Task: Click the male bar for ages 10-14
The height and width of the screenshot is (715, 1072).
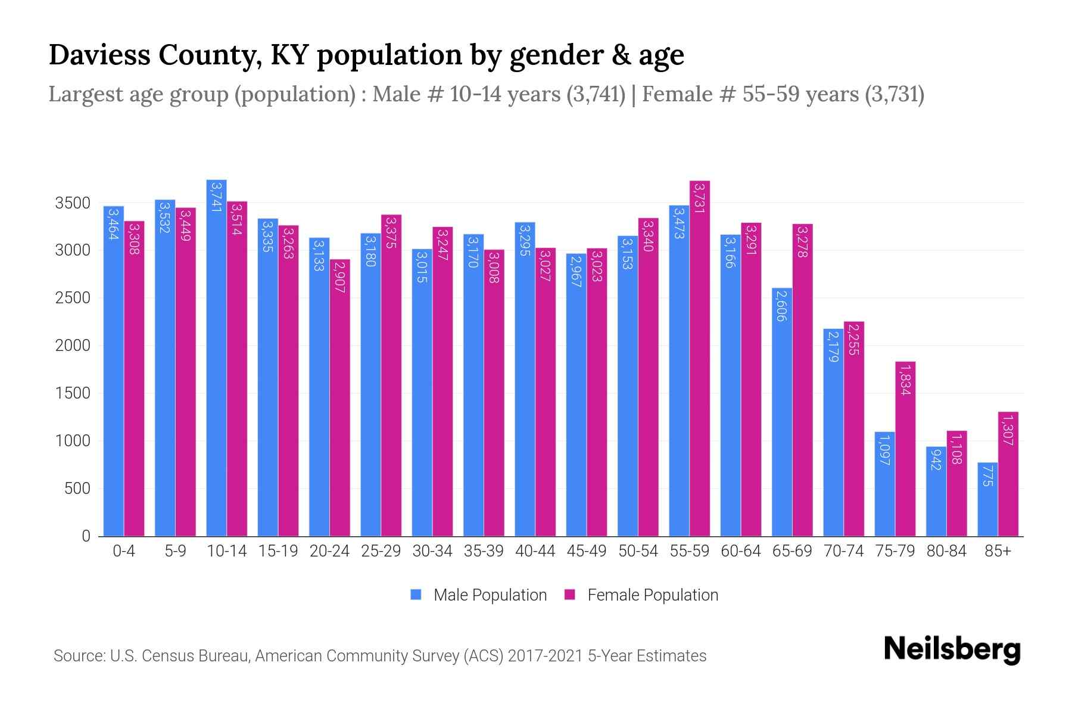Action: point(216,357)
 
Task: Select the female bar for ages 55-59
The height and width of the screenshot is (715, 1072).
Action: point(700,357)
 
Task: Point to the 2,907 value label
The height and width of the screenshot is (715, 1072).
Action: point(339,277)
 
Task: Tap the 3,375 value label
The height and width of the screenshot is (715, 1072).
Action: point(391,229)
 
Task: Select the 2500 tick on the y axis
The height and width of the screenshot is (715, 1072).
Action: point(72,298)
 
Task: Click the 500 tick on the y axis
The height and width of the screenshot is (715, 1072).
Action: point(77,489)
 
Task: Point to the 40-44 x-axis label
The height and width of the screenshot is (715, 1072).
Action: point(535,551)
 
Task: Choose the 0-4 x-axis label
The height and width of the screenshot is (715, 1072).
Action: point(124,551)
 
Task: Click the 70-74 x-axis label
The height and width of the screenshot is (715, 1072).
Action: point(843,551)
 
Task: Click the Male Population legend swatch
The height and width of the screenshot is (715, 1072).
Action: point(416,595)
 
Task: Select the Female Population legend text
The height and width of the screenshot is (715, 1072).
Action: point(653,595)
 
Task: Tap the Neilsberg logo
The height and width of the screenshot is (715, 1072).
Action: point(952,649)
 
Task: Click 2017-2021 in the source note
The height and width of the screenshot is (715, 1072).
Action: point(545,656)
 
